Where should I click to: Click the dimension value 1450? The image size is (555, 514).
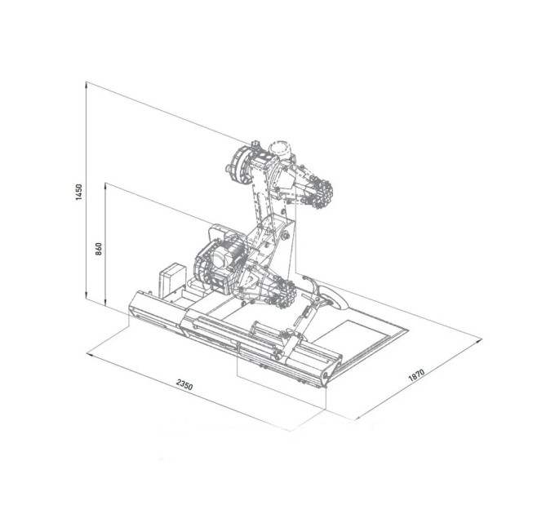point(79,192)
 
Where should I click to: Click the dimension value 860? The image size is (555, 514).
point(99,248)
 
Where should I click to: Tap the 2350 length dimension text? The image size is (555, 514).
point(184,384)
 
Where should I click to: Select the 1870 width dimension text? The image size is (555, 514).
point(416,375)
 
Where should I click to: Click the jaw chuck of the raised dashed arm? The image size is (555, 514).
point(317,194)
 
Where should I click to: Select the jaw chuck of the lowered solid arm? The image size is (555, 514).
point(283,293)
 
